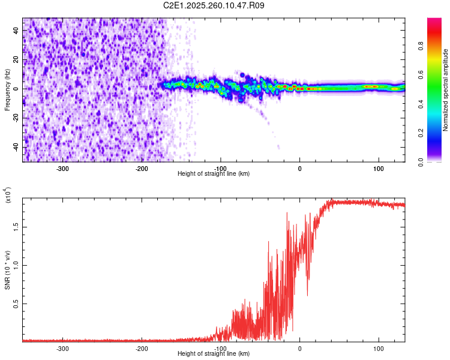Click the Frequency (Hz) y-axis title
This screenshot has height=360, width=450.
[x=7, y=90]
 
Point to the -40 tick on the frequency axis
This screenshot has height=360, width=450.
[x=14, y=147]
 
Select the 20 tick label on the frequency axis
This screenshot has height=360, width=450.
[x=16, y=59]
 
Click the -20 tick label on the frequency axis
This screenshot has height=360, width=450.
[x=14, y=118]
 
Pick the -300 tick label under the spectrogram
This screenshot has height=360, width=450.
[x=63, y=168]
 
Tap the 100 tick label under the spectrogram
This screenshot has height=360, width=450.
[x=379, y=168]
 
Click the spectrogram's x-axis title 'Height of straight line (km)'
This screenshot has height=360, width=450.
[x=214, y=173]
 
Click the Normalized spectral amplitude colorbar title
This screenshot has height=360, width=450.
[x=446, y=90]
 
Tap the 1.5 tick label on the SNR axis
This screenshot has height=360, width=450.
[x=16, y=227]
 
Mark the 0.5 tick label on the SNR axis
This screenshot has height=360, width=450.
[x=16, y=304]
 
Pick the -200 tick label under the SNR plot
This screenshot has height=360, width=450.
[x=142, y=348]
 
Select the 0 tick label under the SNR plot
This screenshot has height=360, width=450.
[x=300, y=348]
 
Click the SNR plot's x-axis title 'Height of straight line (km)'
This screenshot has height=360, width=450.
[x=214, y=353]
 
